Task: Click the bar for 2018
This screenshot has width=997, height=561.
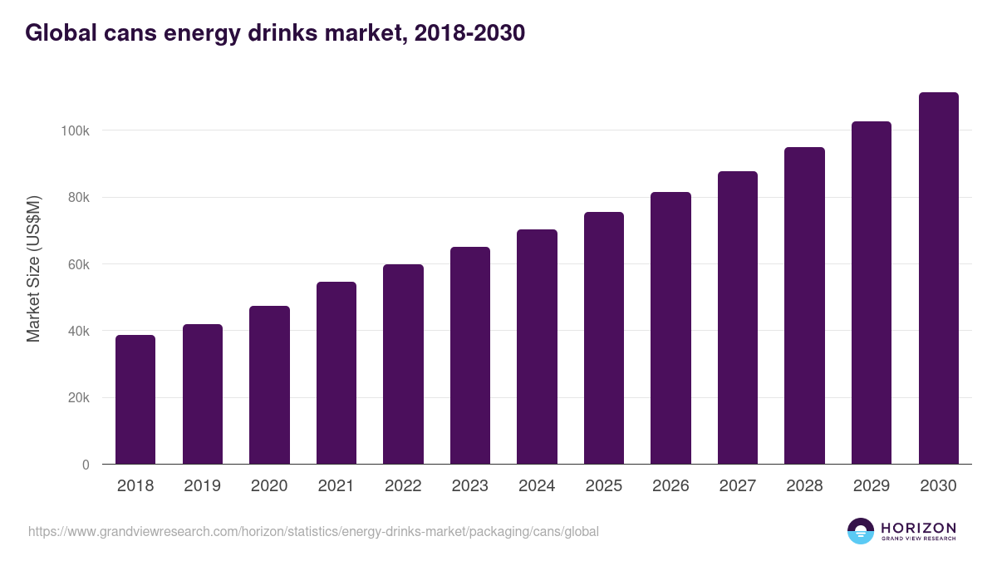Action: [x=135, y=400]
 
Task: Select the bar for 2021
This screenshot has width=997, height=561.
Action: [x=336, y=373]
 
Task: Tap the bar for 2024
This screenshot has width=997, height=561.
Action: [x=537, y=347]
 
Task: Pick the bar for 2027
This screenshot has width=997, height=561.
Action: [x=738, y=317]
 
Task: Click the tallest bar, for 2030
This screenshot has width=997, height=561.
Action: [x=938, y=278]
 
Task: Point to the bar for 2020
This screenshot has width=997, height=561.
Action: [x=269, y=385]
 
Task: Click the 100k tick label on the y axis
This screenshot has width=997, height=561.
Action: [x=75, y=130]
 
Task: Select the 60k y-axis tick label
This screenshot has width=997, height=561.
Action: [x=78, y=264]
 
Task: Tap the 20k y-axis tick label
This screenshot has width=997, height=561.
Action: [x=78, y=398]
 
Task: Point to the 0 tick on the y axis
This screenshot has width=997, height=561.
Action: [x=85, y=465]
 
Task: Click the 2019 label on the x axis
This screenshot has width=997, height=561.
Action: [x=202, y=486]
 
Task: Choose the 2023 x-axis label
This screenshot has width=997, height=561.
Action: [x=469, y=486]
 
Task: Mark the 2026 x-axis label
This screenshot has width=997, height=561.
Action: [x=670, y=486]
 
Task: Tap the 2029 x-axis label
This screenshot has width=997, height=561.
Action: [x=872, y=486]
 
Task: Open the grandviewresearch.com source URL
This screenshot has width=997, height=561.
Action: [x=313, y=531]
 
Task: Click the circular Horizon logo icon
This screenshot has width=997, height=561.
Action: [x=861, y=531]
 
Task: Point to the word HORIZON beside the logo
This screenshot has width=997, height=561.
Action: [x=918, y=527]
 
